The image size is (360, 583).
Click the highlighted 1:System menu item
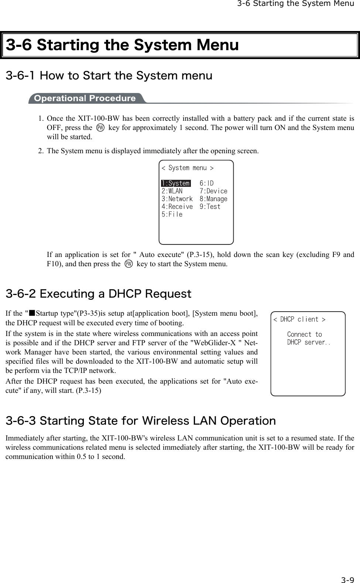tap(175, 183)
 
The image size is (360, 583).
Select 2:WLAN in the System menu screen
tap(172, 191)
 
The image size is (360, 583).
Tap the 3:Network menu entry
tap(177, 199)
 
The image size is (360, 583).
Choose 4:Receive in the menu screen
tap(177, 206)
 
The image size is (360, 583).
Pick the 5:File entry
tap(172, 214)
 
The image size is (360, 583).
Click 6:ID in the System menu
tap(206, 183)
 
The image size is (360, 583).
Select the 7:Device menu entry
tap(213, 191)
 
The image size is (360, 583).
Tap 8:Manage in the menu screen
tap(213, 199)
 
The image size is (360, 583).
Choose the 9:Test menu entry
tap(210, 206)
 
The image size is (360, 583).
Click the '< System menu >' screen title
tap(188, 168)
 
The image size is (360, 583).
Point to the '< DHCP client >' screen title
tap(299, 319)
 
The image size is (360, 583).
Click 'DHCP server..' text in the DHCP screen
tap(309, 342)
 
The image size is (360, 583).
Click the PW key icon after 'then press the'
tap(128, 264)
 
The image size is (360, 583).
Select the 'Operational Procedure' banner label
tap(85, 98)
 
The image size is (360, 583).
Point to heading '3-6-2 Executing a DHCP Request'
tap(99, 294)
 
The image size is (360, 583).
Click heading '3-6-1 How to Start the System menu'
tap(109, 76)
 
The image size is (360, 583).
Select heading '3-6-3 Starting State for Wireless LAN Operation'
tap(141, 421)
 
